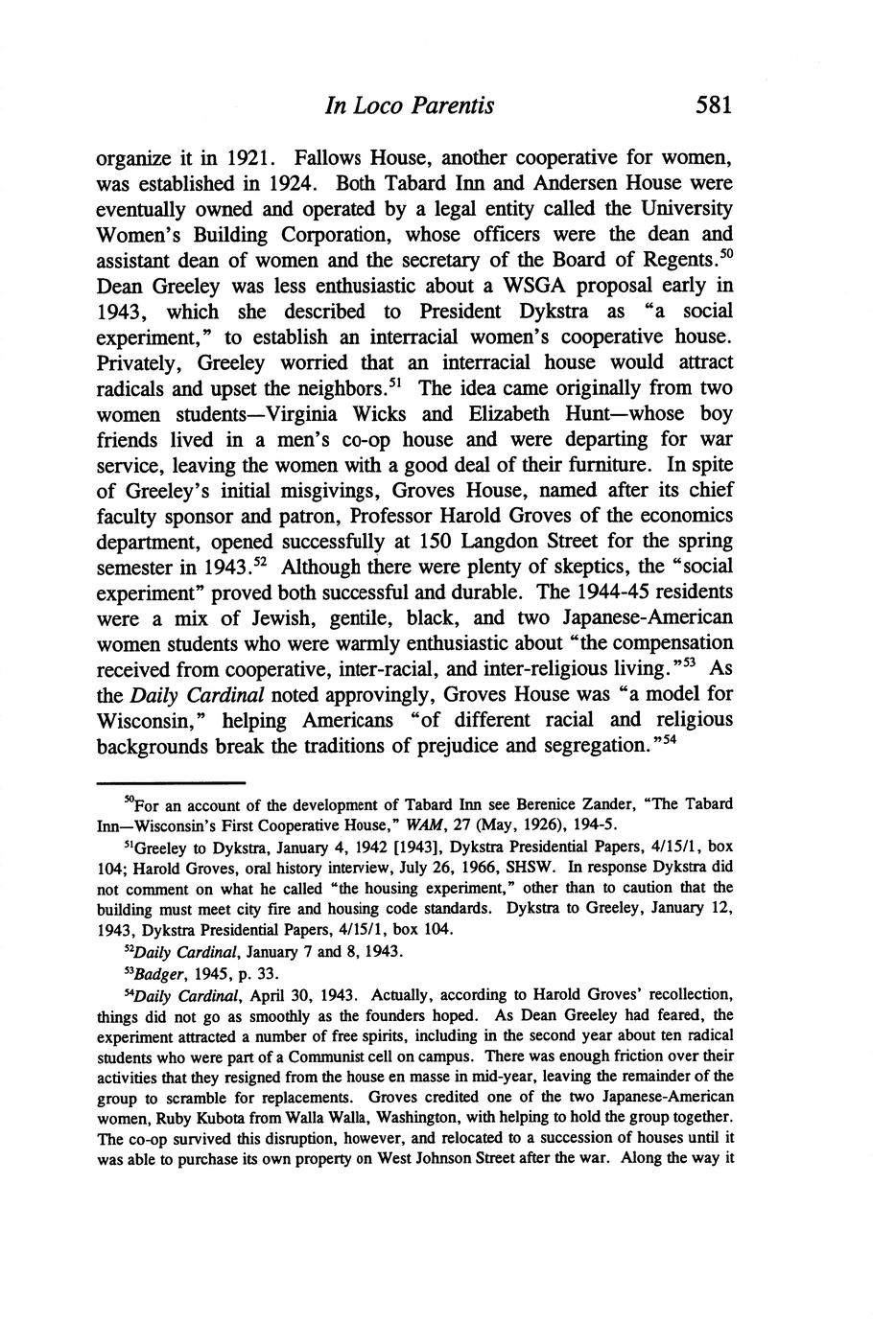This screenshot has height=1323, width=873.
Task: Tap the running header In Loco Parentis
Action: tap(410, 105)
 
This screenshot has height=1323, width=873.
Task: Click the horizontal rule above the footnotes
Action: tap(172, 782)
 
